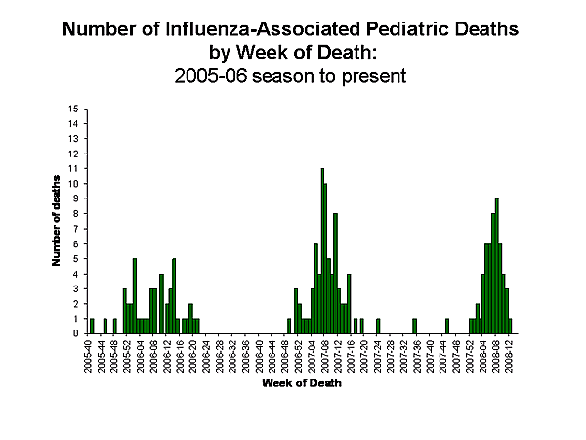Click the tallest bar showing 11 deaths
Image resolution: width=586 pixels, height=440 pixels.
click(x=322, y=251)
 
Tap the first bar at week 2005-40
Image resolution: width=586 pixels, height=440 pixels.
click(x=92, y=326)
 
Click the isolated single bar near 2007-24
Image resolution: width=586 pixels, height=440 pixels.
click(x=378, y=326)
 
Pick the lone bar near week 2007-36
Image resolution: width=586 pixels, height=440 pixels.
click(x=414, y=326)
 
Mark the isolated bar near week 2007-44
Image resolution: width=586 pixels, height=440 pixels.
click(x=447, y=326)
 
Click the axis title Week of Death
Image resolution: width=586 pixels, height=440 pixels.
click(x=301, y=382)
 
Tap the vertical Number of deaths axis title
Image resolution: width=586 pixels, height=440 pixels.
click(x=57, y=220)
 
